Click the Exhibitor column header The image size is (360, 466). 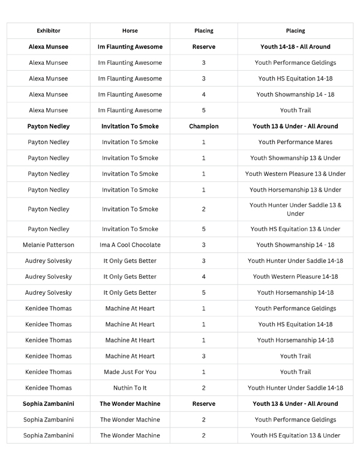coord(49,31)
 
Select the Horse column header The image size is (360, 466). coord(130,31)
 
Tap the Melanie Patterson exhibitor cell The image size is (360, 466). coord(49,245)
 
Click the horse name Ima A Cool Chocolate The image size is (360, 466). coord(130,245)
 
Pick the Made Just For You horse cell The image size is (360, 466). coord(130,372)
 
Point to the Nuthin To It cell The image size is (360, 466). coord(130,388)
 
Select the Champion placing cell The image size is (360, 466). coord(203,127)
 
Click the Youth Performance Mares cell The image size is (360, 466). coord(295,142)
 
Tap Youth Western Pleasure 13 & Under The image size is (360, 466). coord(295,174)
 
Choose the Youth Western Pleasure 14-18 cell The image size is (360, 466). coord(295,277)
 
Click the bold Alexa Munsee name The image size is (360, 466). coord(49,47)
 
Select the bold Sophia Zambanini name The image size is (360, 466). coord(49,404)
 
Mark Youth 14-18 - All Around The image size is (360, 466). coord(295,47)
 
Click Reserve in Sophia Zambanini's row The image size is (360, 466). coord(203,404)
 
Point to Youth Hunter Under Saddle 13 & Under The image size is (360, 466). coord(295,210)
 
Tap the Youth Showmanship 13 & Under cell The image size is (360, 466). coord(295,159)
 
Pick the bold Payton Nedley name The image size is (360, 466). coord(49,127)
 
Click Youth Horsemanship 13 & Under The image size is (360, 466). coord(295,190)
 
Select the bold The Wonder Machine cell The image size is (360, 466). coord(130,404)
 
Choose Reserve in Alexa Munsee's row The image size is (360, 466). coord(203,47)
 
